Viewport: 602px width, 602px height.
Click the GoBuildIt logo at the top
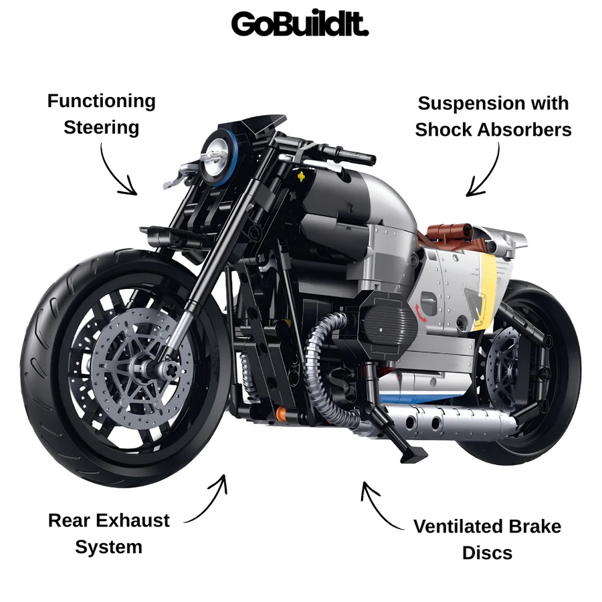300,23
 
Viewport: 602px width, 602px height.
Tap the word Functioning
102,102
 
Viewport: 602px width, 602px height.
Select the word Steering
102,128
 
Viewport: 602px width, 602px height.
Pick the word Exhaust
133,520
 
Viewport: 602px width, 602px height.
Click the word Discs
487,553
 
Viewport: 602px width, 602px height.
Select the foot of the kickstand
414,456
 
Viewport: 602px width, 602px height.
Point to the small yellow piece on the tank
302,176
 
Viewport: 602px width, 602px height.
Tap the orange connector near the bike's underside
281,414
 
